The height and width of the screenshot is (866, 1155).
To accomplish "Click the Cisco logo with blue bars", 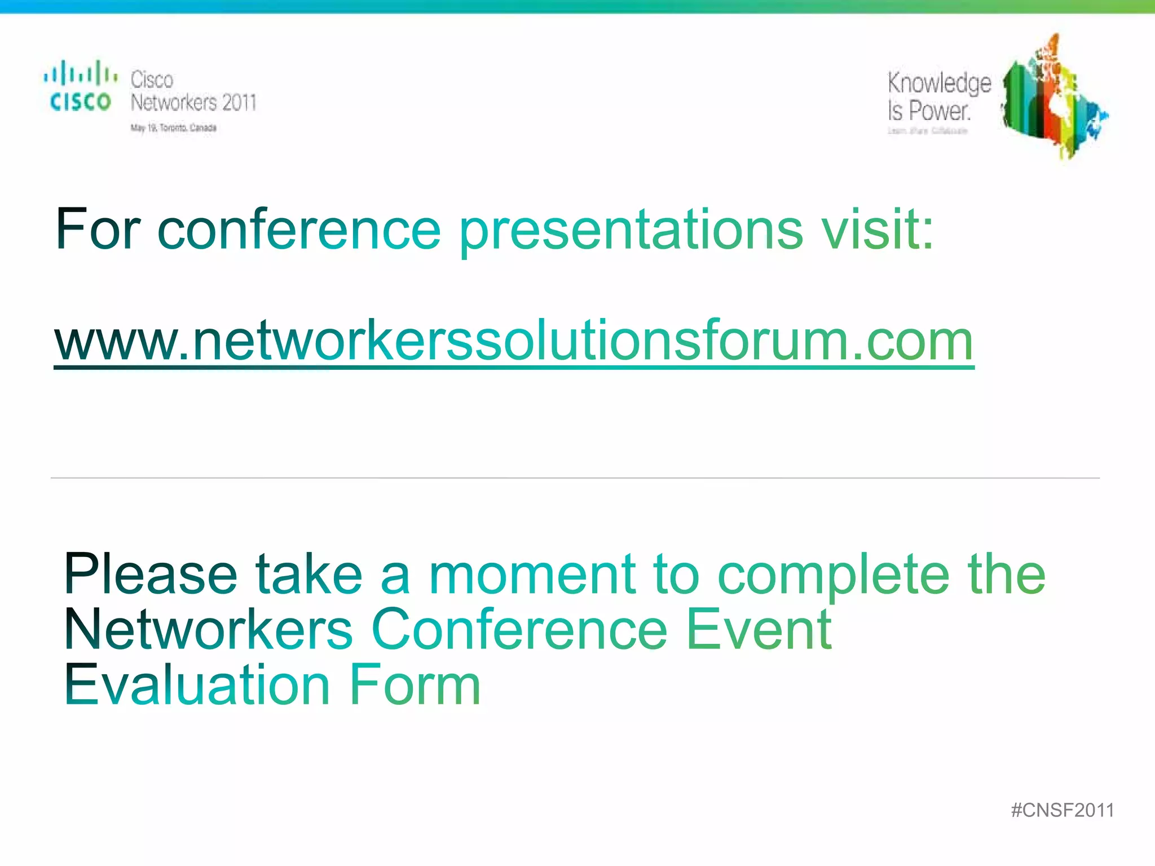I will point(81,86).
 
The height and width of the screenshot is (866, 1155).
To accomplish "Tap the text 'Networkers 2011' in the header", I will point(193,103).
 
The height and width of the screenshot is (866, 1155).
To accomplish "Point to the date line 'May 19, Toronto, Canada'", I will point(174,128).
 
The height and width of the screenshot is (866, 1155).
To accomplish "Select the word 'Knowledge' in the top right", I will point(939,84).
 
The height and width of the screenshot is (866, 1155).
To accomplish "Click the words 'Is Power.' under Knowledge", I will point(929,111).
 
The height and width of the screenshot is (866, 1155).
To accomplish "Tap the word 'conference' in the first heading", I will point(299,229).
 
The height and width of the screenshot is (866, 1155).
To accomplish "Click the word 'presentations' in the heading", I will point(631,231).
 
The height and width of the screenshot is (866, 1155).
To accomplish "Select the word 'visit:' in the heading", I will point(878,229).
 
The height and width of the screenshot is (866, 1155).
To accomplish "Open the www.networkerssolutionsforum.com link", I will point(514,341).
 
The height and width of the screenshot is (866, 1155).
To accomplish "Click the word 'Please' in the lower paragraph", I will point(151,575).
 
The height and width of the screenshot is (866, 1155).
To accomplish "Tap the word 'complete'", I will point(834,576).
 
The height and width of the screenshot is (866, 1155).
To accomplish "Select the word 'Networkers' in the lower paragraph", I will point(209,629).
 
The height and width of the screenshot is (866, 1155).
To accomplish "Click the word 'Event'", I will point(759,629).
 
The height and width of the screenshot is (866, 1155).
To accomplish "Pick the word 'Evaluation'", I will point(197,684).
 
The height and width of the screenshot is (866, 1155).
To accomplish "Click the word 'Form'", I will point(415,684).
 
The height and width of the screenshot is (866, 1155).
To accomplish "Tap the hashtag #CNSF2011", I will point(1063,810).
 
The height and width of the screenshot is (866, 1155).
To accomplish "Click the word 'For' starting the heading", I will point(98,229).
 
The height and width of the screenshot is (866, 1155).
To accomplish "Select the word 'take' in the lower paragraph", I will point(309,575).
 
